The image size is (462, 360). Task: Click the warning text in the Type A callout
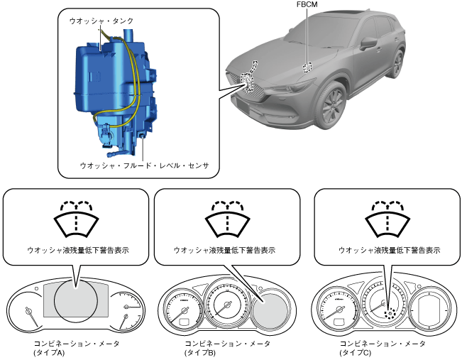[77, 251]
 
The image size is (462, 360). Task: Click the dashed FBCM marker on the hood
[307, 67]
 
